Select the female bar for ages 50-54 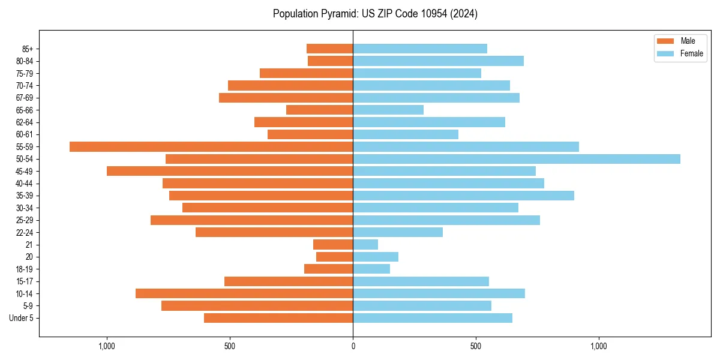point(516,159)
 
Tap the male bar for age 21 point(333,244)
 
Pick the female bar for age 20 point(376,257)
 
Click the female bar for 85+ point(420,49)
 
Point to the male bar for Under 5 point(278,318)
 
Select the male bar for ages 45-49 point(230,171)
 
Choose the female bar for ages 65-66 point(388,110)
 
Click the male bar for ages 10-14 point(244,293)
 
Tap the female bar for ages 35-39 point(463,196)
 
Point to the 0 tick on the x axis point(353,346)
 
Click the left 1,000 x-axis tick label point(107,346)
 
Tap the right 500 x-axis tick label point(476,346)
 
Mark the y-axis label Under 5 point(22,318)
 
